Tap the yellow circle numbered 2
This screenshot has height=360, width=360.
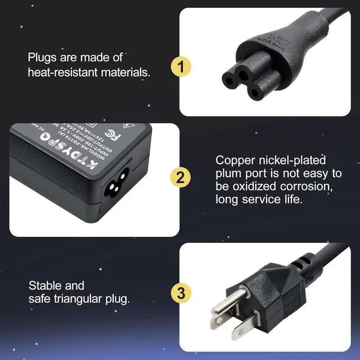pos(180,178)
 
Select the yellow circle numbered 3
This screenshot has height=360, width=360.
pos(180,292)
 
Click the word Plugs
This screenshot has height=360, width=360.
pos(41,57)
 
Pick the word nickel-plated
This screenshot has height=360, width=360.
pos(283,160)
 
